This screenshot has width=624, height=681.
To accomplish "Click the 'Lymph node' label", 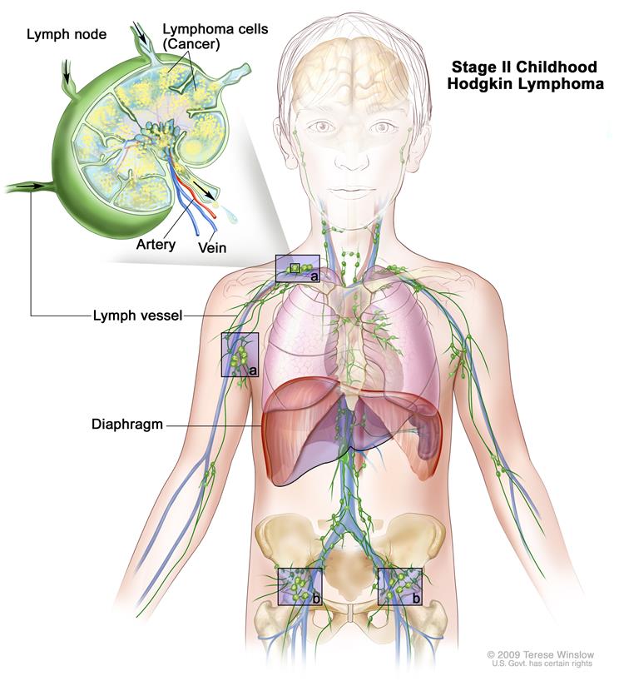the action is (67, 34).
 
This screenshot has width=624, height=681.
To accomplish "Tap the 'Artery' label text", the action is (156, 245).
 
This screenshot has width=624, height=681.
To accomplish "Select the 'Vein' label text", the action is (212, 247).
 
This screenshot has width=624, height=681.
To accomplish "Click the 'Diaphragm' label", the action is (126, 425).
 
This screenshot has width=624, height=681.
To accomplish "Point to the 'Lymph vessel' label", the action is (137, 316).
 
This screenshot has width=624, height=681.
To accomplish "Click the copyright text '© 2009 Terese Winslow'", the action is (540, 654).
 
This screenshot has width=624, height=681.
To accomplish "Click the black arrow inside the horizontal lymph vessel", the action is (37, 186).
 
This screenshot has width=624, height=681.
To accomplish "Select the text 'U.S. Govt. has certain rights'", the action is (542, 664).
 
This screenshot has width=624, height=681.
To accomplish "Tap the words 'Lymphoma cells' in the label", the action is (215, 29).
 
